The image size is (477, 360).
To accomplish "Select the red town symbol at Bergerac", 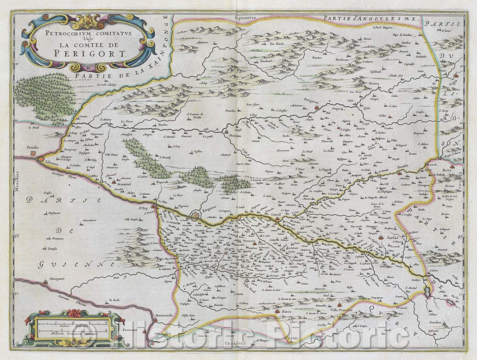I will [x=195, y=216].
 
